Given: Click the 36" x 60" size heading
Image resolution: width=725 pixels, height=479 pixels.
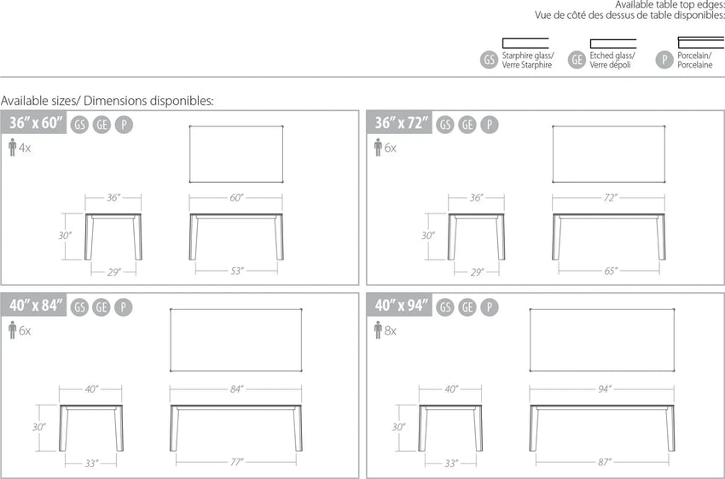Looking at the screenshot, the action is point(36,123).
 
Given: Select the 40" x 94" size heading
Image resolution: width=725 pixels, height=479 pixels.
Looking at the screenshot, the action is point(402,306).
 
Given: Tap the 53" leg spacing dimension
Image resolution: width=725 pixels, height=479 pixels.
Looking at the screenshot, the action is point(237,271).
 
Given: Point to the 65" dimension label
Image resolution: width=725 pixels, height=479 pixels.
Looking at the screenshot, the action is point(611,271).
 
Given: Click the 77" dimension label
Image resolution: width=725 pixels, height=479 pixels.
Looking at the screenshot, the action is point(237,462).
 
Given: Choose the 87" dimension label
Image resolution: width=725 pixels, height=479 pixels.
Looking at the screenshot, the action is point(604,462).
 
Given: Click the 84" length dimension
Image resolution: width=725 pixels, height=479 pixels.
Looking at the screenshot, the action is point(236,389).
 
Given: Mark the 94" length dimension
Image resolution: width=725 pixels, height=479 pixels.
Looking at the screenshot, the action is point(603,389).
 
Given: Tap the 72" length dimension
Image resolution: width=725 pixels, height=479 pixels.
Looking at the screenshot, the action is point(610,198).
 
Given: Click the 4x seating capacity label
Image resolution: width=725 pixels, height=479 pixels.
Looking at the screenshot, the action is point(25,148).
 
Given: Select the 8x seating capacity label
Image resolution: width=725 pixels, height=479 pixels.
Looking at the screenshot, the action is point(391,331).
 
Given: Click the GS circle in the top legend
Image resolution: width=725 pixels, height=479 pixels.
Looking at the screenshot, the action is point(490,60).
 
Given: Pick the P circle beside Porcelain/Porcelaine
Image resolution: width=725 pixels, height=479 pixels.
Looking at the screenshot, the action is point(664,60).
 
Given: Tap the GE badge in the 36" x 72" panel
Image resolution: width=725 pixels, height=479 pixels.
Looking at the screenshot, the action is point(467,125).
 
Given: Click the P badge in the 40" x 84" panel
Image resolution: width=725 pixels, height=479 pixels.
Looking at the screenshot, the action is point(124,307).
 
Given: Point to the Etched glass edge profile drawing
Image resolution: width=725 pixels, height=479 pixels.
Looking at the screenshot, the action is point(612,44).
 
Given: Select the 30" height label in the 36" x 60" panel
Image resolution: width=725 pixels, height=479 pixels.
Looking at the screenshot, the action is point(65,236).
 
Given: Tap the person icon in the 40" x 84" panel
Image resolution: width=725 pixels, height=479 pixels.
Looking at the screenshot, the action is point(13,330).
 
